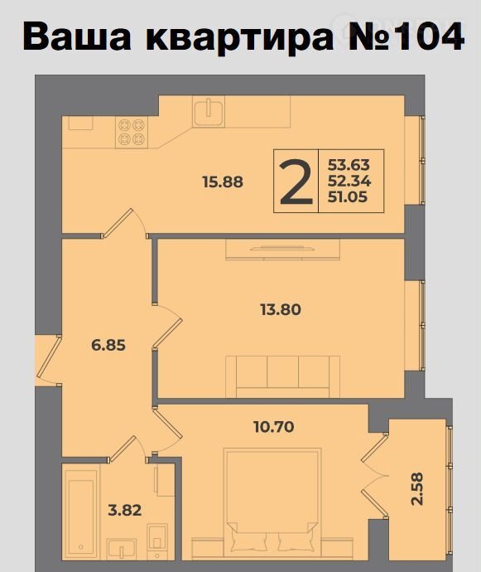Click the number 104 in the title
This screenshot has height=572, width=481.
(x=430, y=36)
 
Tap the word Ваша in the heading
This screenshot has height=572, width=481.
(x=76, y=36)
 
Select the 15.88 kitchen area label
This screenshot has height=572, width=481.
(x=223, y=182)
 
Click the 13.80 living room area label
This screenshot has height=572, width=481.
(x=281, y=310)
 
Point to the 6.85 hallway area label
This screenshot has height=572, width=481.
(x=108, y=345)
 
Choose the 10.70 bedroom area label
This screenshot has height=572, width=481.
(x=274, y=426)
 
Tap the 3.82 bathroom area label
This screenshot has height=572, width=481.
(x=125, y=510)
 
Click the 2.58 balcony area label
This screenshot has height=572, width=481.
(x=417, y=489)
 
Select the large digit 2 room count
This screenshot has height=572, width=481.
(x=296, y=182)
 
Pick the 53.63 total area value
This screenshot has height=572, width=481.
(x=349, y=165)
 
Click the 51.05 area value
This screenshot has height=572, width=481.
(x=348, y=197)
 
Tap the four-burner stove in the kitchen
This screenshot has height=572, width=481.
(x=132, y=132)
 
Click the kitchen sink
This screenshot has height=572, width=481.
(x=209, y=111)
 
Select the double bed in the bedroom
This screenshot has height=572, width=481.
(x=272, y=502)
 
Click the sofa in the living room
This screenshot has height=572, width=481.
(x=282, y=376)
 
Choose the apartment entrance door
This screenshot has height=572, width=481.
(x=48, y=361)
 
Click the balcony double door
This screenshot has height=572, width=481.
(x=375, y=475)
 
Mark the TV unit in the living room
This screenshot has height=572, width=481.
(x=282, y=250)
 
